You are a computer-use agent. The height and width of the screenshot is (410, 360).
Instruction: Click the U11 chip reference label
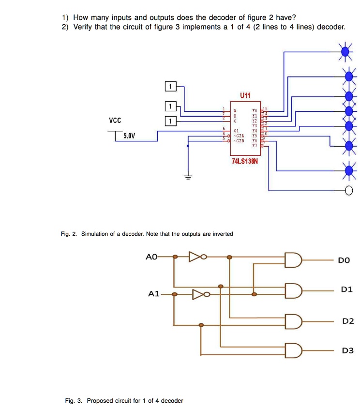click(x=245, y=96)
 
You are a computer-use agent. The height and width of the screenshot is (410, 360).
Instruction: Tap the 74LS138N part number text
click(x=245, y=161)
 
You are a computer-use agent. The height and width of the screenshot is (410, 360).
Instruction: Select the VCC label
click(x=115, y=120)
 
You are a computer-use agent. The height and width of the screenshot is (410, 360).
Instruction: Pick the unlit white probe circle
click(x=348, y=190)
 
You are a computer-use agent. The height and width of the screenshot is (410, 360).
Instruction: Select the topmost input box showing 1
click(x=170, y=87)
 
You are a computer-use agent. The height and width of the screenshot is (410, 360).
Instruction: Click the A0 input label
click(x=151, y=257)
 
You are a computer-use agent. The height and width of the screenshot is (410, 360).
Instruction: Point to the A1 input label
click(x=154, y=294)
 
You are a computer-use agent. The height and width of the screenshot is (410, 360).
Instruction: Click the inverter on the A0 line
click(x=195, y=257)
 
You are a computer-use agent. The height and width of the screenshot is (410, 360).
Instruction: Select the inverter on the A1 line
click(x=199, y=294)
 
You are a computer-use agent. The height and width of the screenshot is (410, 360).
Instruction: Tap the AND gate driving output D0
click(x=294, y=260)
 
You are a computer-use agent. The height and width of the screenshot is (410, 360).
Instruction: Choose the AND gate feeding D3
click(x=294, y=350)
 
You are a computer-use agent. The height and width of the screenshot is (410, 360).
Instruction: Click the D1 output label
click(x=347, y=289)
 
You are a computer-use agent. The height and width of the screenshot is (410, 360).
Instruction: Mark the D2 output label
click(x=348, y=321)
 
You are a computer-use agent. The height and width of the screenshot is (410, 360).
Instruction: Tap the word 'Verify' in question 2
click(x=83, y=27)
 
